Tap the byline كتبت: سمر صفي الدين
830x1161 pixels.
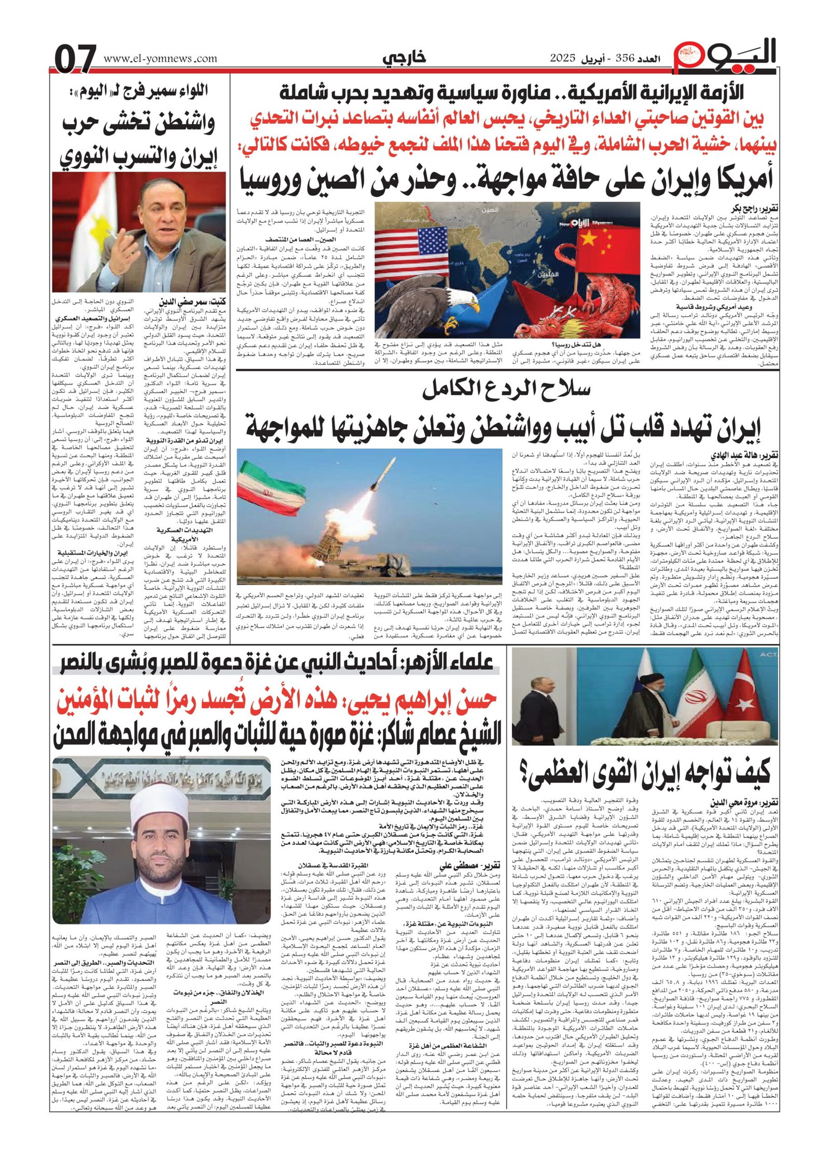point(190,300)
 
